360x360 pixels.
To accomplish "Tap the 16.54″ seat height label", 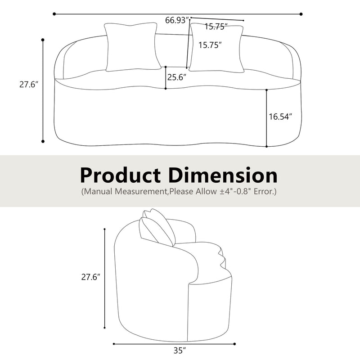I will click(x=280, y=117).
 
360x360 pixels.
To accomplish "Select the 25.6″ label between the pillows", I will click(x=177, y=77).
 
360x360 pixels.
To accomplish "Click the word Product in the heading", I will click(x=121, y=174).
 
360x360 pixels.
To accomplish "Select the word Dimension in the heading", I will click(x=223, y=174).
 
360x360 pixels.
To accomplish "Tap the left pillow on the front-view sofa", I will click(x=132, y=47).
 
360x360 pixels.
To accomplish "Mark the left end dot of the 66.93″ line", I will click(x=54, y=14).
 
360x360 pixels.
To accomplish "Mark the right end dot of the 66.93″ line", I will click(x=301, y=14).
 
